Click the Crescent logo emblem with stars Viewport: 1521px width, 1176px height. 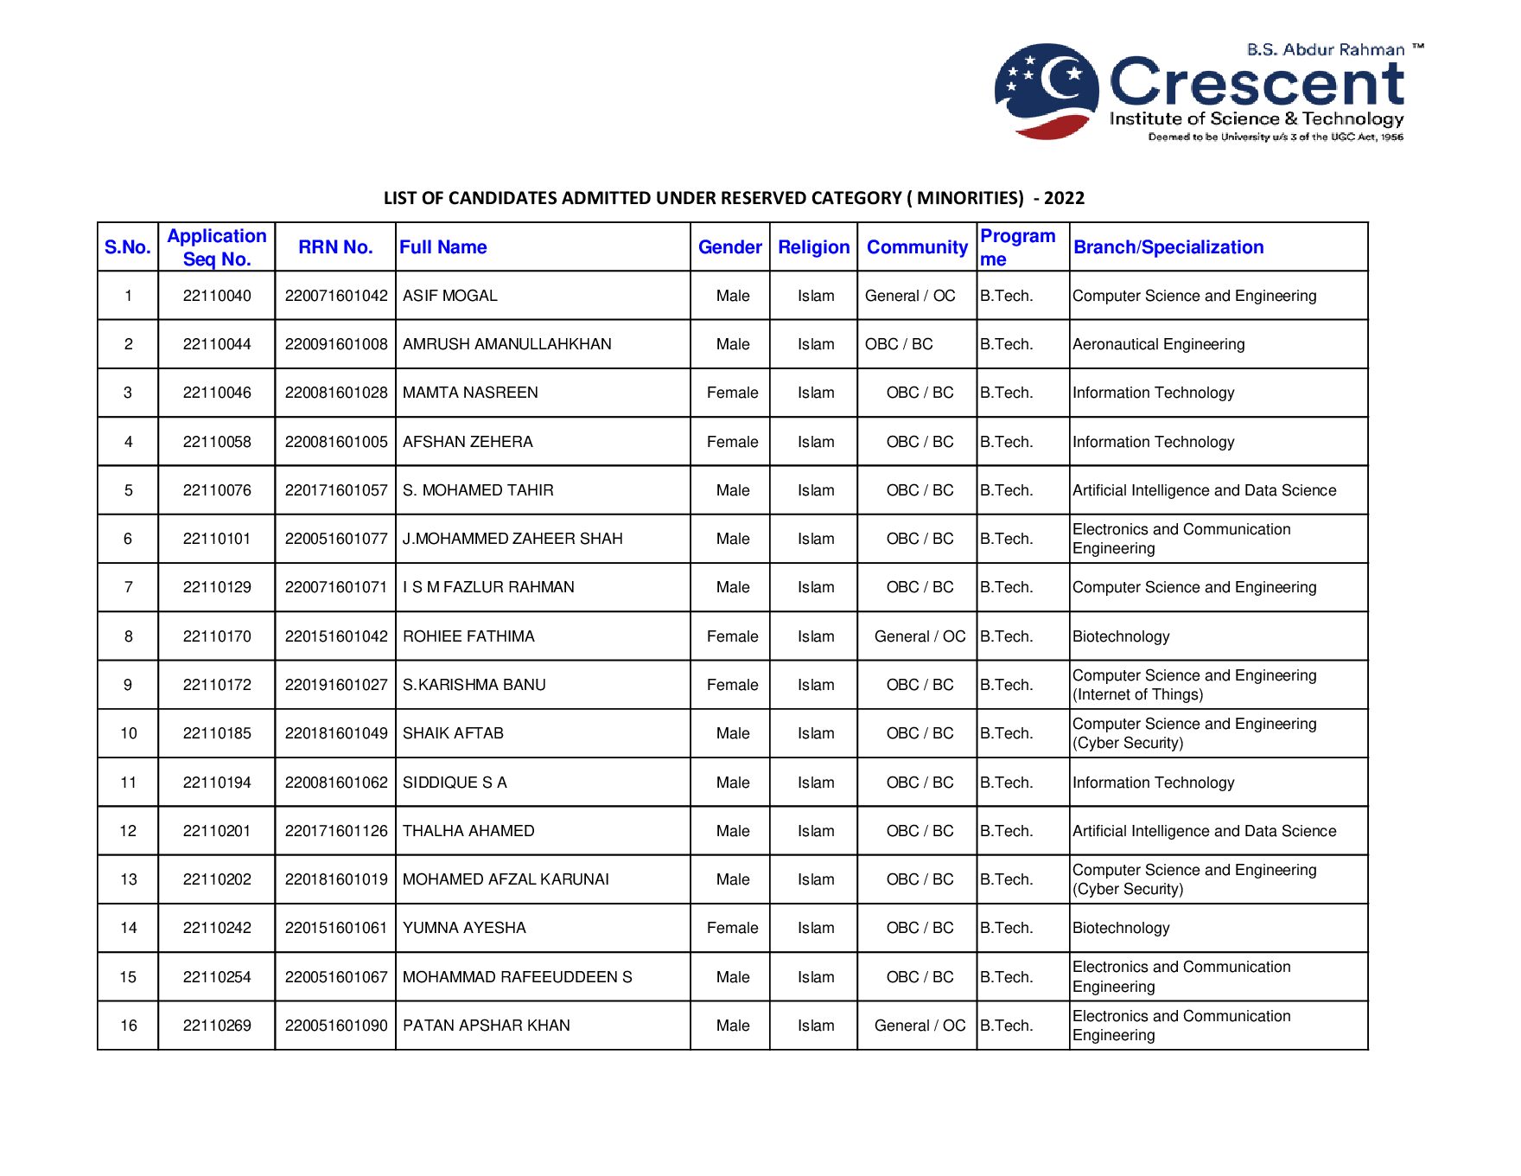(x=1046, y=91)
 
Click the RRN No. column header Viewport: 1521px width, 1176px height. (x=335, y=247)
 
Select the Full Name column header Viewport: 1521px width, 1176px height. (x=443, y=247)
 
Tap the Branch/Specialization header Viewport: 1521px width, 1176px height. (x=1168, y=247)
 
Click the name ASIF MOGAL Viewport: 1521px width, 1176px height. (x=450, y=296)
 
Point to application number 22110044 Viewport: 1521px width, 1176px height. (x=217, y=344)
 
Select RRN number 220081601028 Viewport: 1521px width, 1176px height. (x=336, y=393)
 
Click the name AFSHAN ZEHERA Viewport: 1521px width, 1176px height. (x=468, y=442)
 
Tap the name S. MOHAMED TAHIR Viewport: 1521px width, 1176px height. (x=478, y=490)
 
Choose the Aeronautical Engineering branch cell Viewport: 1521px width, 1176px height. (x=1158, y=344)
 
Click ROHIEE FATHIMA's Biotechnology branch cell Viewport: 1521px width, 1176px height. (x=1121, y=636)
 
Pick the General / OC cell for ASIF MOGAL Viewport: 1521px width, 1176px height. (x=910, y=296)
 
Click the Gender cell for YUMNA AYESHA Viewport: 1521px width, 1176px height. (x=732, y=928)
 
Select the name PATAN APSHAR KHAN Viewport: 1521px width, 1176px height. (x=487, y=1026)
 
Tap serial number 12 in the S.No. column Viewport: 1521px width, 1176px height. (x=128, y=831)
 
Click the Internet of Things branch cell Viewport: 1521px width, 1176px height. (x=1193, y=685)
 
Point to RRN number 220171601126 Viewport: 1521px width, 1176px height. (x=336, y=831)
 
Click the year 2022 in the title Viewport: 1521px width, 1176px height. (x=1064, y=198)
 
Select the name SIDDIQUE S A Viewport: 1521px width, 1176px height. (x=455, y=783)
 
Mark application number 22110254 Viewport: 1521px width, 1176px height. (x=217, y=977)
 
